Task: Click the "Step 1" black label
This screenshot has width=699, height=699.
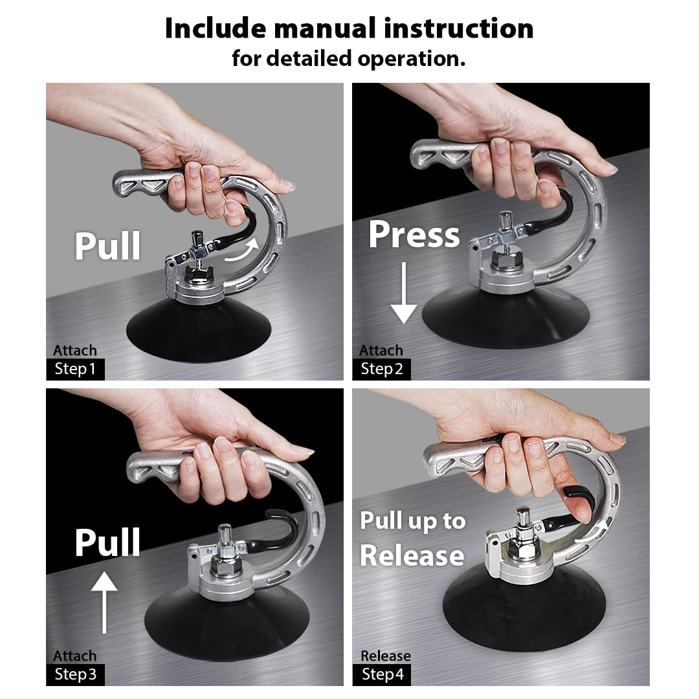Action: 75,369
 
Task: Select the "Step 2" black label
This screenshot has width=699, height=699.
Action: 382,369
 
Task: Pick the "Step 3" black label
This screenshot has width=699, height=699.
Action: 75,674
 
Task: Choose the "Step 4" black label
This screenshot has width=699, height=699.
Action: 382,674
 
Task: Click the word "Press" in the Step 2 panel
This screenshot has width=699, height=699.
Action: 414,234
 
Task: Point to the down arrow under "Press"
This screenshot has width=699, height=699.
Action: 404,293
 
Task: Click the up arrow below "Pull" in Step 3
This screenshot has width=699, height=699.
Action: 104,603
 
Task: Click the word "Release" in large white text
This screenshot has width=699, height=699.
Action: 412,555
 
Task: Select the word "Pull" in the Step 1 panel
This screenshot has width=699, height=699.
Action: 108,246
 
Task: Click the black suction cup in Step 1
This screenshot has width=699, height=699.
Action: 199,331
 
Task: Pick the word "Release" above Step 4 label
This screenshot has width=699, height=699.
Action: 386,656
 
